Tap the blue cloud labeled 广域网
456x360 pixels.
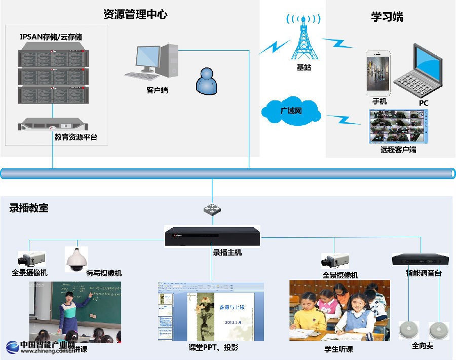point(291,110)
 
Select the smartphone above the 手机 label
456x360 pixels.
point(378,73)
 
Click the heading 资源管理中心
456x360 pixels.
point(135,14)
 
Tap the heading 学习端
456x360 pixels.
point(387,16)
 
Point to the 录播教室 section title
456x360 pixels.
point(29,208)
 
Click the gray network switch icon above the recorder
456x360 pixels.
point(211,209)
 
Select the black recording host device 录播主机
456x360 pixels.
point(212,237)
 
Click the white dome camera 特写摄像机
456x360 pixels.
point(77,259)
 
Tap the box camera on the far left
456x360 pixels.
point(31,259)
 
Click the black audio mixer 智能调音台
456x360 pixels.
point(420,260)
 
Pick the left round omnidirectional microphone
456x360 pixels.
point(409,330)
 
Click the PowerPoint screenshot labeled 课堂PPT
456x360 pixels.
point(210,311)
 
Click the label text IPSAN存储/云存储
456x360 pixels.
point(51,37)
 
